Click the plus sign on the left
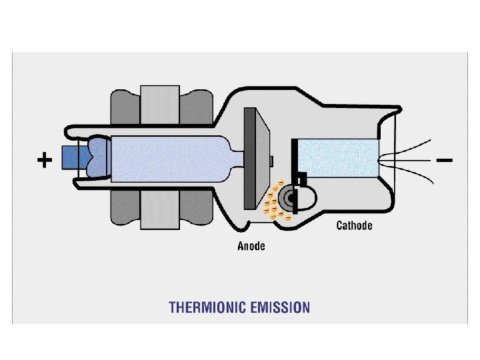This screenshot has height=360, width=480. pos(44,161)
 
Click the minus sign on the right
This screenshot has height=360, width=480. pos(445,161)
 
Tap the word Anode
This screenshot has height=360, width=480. pos(251,246)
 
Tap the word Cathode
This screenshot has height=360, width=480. pos(354,225)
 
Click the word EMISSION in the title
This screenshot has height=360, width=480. pos(279,307)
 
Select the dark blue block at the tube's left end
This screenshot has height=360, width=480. pos(69,157)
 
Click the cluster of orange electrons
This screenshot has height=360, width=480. pos(275,202)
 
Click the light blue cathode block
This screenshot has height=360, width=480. pos(337,158)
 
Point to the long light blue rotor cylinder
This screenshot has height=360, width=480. pos(167,158)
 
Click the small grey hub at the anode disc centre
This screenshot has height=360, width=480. pos(272,160)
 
